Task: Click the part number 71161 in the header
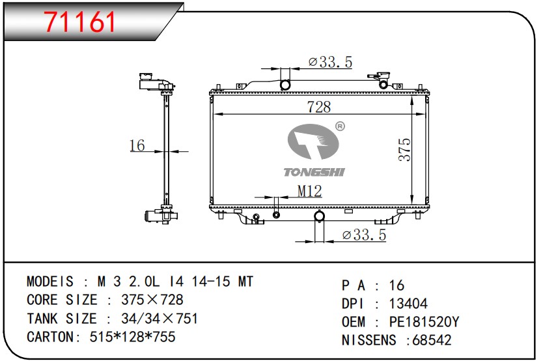[80, 22]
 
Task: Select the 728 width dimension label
[319, 107]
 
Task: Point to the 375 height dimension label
[404, 150]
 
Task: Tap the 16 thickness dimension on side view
[137, 145]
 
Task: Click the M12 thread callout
[310, 191]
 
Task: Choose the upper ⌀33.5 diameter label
[330, 62]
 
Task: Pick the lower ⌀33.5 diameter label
[364, 235]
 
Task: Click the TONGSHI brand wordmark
[314, 172]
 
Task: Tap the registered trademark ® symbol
[340, 126]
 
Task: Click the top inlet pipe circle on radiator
[285, 85]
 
